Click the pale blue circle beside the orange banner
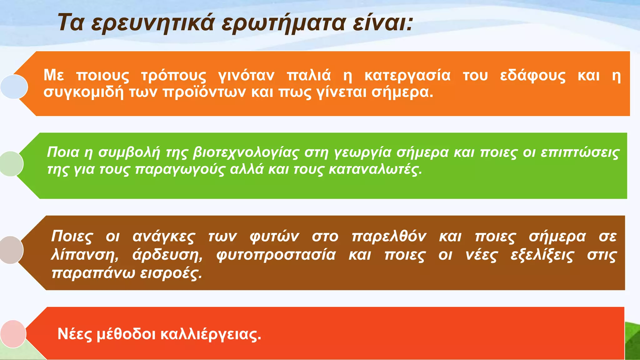click(x=14, y=87)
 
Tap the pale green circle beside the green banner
click(x=12, y=164)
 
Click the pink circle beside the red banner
click(x=13, y=334)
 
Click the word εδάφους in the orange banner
click(x=532, y=76)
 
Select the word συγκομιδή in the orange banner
click(x=83, y=92)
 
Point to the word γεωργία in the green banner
click(x=363, y=152)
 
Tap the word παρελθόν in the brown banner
click(x=389, y=236)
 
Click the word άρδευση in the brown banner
click(x=167, y=255)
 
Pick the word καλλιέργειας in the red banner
click(x=211, y=334)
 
